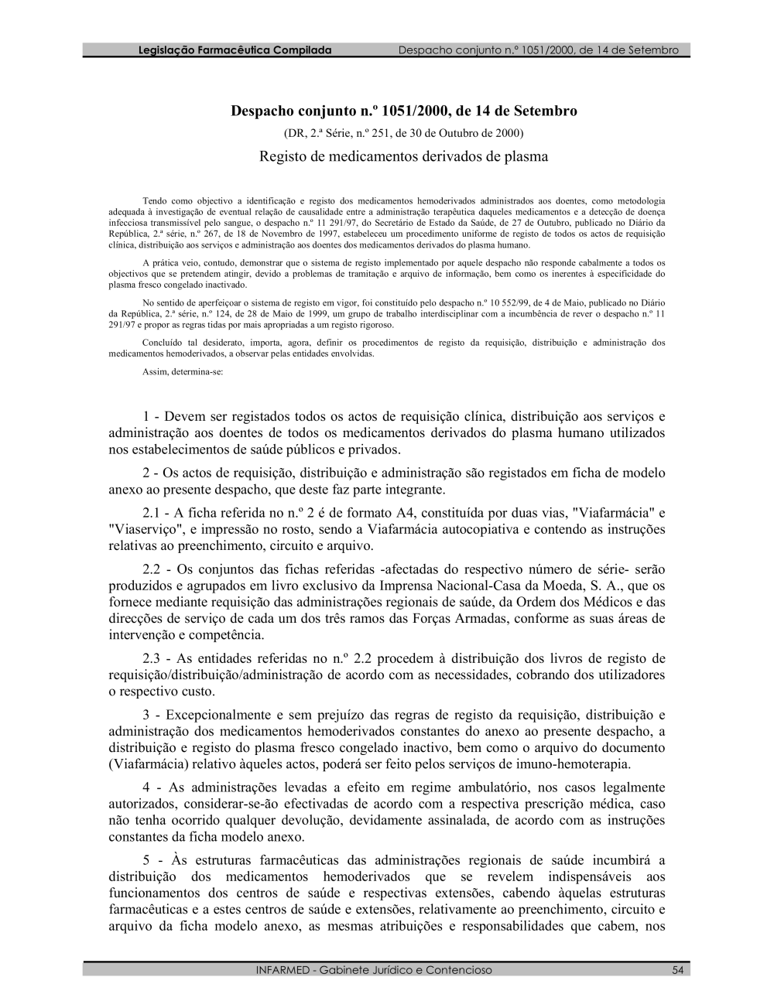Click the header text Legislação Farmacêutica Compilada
point(234,50)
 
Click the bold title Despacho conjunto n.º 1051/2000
point(403,111)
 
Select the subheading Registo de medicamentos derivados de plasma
point(403,157)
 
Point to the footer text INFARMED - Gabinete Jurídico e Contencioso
point(373,970)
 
